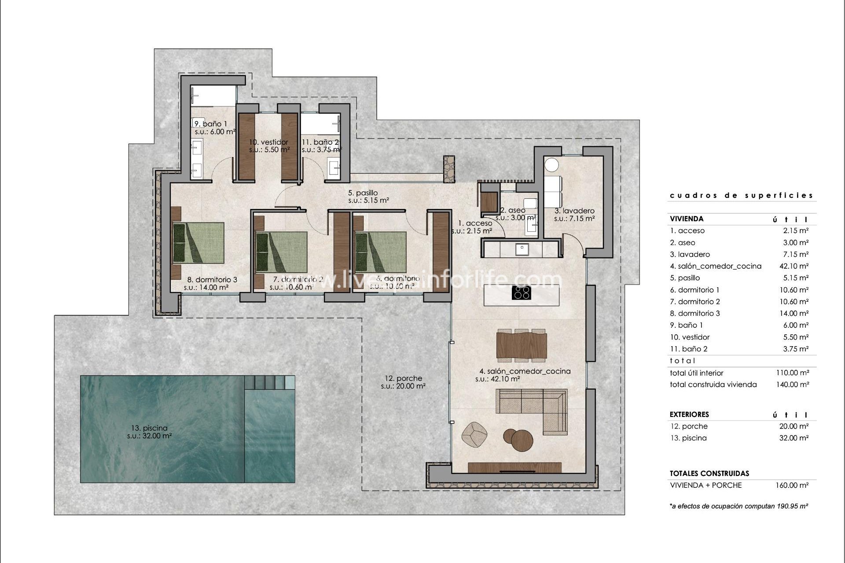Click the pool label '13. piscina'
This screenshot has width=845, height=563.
(149, 428)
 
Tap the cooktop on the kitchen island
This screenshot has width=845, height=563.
(522, 292)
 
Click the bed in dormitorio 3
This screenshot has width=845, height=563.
(198, 242)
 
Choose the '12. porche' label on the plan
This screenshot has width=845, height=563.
(403, 378)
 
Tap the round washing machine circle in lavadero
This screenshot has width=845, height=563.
(551, 165)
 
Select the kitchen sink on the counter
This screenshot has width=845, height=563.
(523, 249)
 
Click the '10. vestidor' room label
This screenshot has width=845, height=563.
(268, 142)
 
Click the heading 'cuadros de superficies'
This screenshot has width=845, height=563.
(741, 195)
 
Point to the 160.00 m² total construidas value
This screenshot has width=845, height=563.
(792, 485)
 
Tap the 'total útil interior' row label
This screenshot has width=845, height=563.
(696, 373)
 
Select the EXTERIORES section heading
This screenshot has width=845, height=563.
(689, 414)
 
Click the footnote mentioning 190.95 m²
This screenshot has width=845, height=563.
(738, 506)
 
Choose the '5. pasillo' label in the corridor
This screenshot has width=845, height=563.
(363, 193)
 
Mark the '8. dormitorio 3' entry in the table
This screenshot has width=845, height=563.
(695, 313)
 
